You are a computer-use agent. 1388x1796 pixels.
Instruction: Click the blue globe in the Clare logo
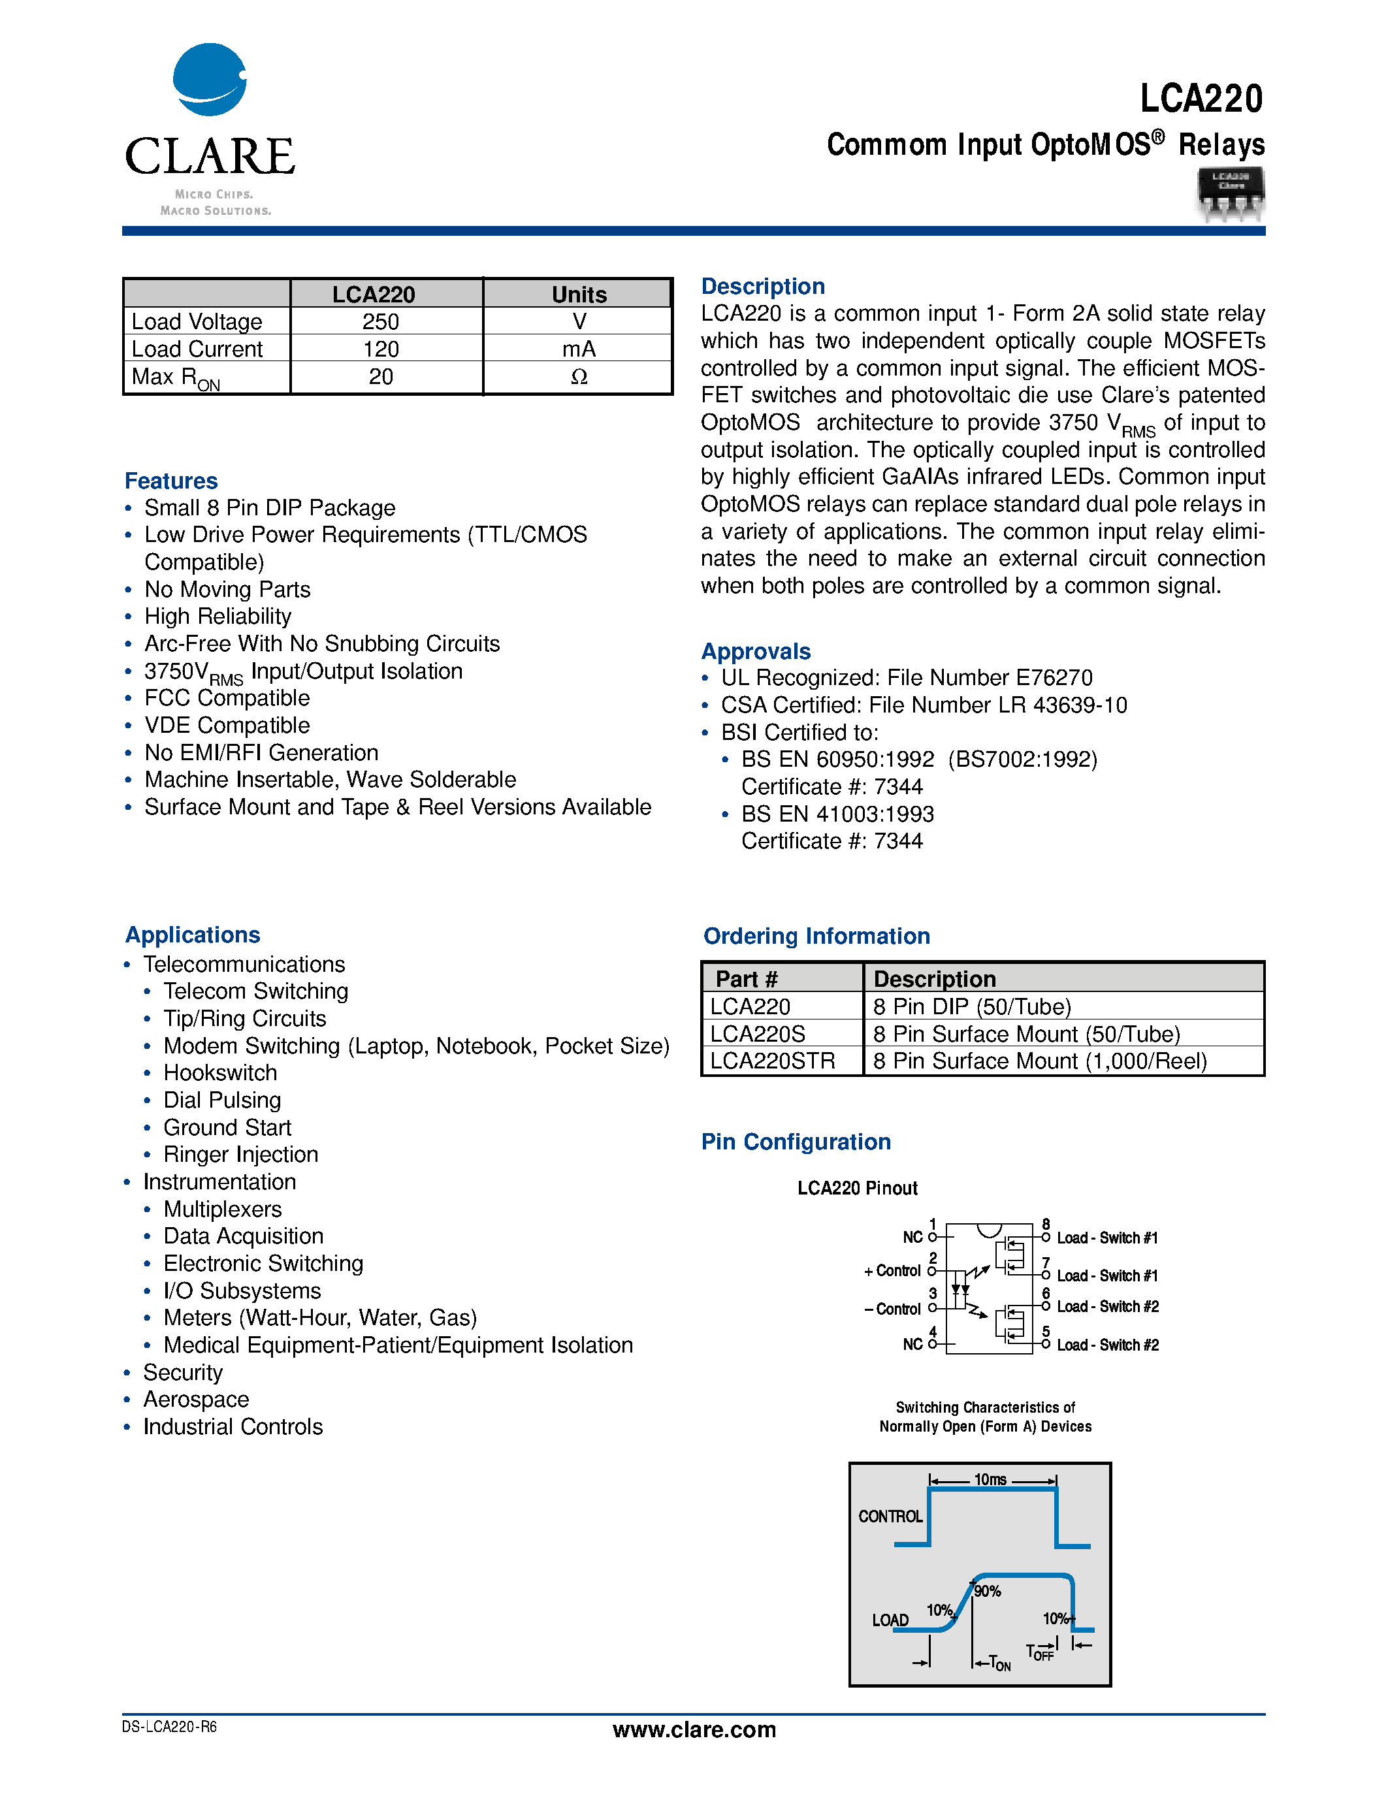[209, 80]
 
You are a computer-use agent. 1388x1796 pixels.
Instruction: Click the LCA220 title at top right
[1201, 99]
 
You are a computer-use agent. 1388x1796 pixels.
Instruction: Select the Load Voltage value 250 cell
[381, 321]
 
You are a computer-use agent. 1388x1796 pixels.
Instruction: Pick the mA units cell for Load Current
[578, 349]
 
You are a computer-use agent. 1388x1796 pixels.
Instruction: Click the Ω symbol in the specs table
[579, 377]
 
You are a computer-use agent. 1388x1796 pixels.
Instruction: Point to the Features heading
[171, 481]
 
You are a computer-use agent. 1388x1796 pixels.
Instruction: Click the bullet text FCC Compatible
[227, 698]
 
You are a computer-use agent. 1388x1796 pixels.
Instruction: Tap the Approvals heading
[756, 651]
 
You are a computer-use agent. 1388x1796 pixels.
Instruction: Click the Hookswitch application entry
[220, 1073]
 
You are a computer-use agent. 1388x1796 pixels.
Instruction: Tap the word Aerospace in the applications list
[196, 1400]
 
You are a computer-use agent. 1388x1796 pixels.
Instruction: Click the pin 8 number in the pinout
[1046, 1225]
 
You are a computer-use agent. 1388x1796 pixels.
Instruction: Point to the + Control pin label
[893, 1272]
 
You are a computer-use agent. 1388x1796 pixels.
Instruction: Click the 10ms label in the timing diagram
[990, 1480]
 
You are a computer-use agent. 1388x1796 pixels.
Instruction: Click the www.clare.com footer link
[694, 1730]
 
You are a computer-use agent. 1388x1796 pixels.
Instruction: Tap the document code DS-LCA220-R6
[169, 1727]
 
